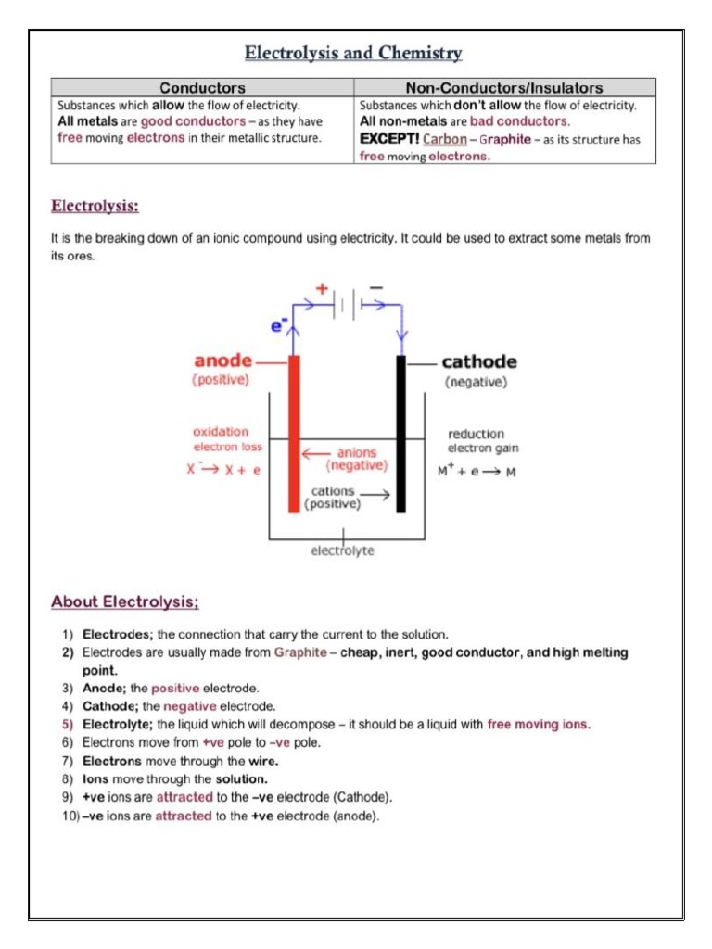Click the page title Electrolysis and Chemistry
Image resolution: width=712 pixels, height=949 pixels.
pos(353,53)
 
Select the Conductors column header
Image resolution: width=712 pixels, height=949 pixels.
pos(202,88)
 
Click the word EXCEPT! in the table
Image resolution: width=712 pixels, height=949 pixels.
pos(388,139)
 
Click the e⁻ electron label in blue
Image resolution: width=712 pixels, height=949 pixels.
pos(279,325)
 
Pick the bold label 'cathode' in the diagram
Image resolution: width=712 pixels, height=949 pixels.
pos(479,361)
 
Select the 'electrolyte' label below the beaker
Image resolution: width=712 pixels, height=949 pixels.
pos(343,550)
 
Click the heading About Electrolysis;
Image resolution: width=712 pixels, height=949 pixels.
pos(125,602)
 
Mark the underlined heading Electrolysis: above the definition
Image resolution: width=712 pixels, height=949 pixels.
pos(95,205)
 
